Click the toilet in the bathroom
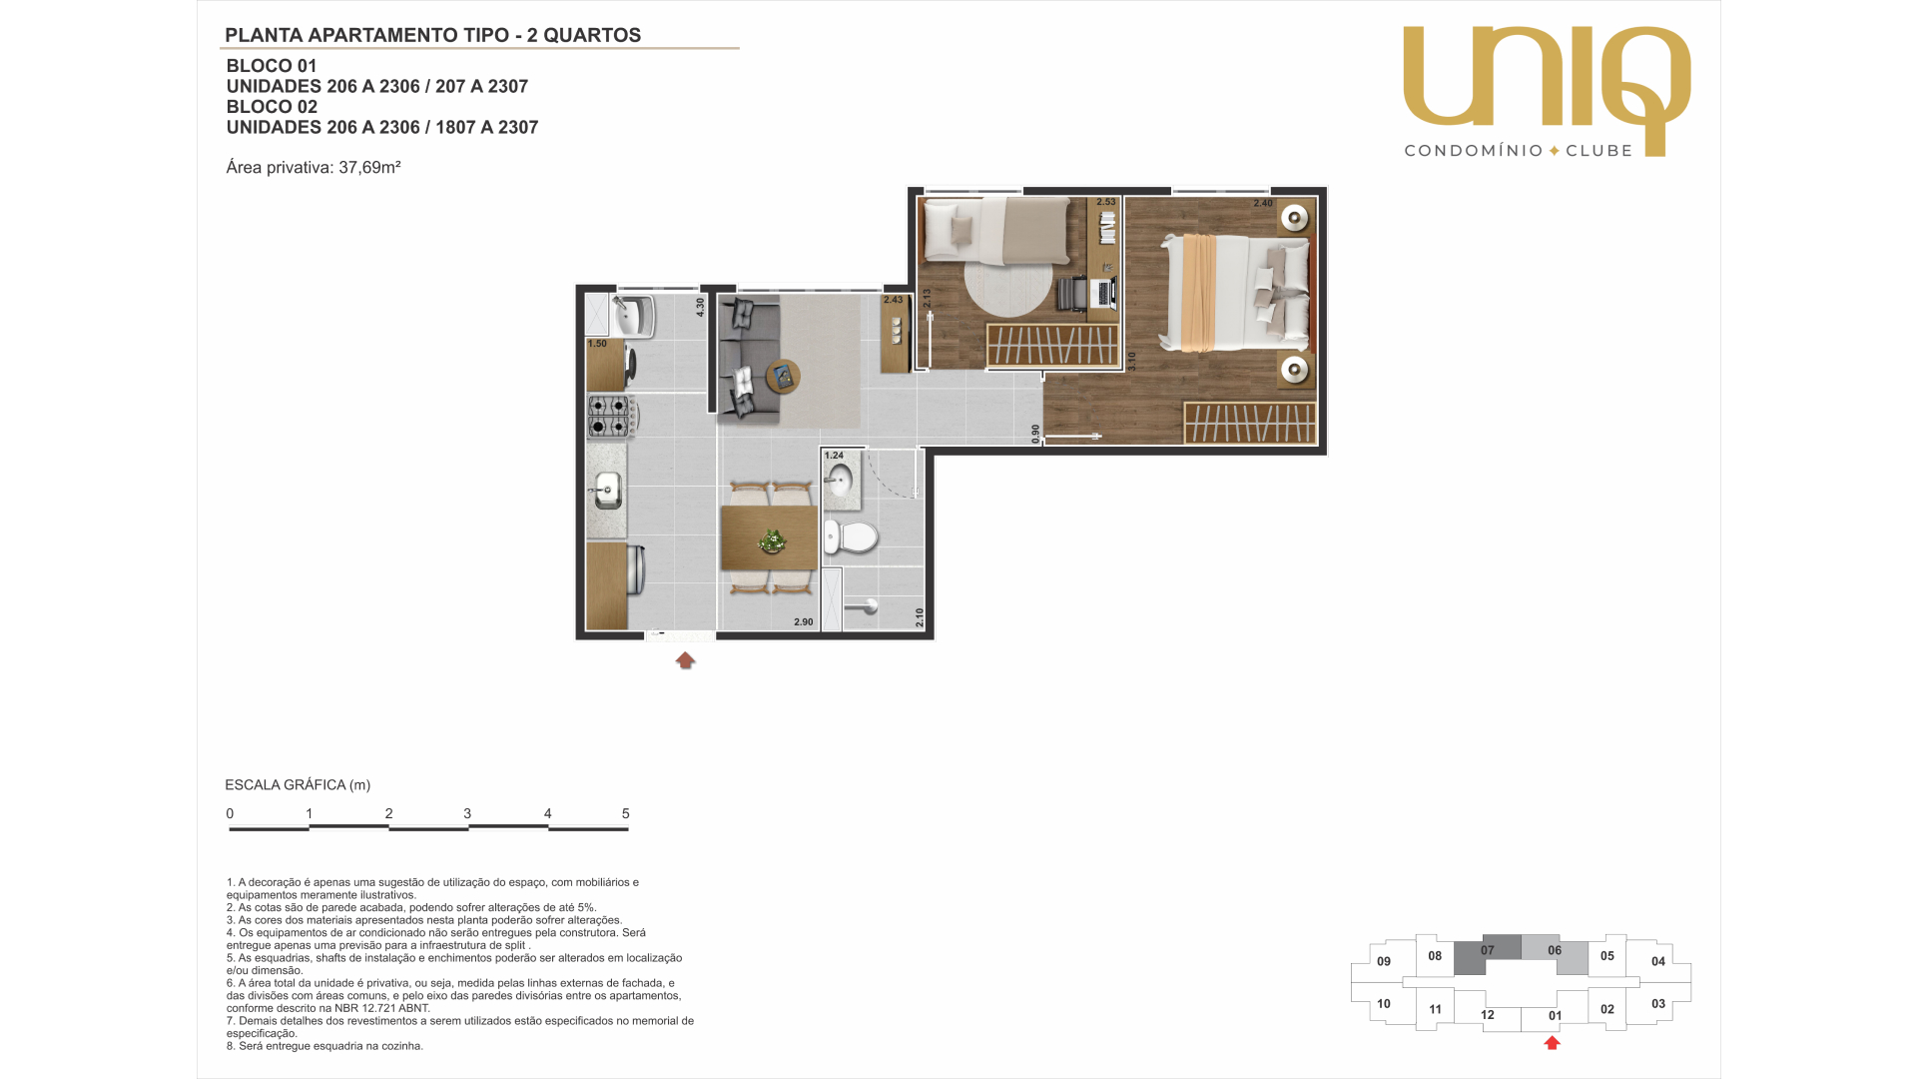850,538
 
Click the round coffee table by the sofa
783,377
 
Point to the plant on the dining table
772,540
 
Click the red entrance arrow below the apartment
685,660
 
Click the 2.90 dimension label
804,622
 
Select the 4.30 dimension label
700,308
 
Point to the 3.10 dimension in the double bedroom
1131,361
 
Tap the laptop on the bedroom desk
1104,293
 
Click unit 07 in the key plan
1488,950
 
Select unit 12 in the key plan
1488,1015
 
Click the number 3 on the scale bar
467,814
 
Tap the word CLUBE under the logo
1598,151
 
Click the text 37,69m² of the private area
369,167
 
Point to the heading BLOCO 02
272,107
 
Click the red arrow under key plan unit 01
1552,1043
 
